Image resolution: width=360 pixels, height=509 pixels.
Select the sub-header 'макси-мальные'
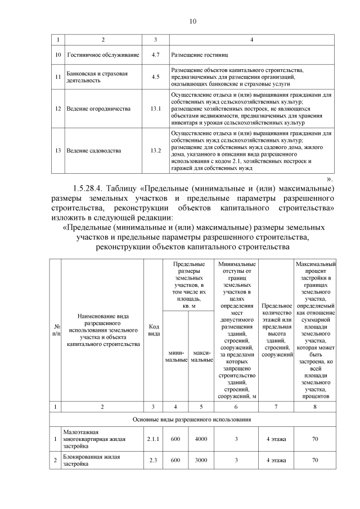tap(201, 356)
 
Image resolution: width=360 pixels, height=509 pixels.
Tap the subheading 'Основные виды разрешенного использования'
tap(192, 419)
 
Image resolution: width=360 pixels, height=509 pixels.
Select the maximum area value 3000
tap(201, 461)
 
